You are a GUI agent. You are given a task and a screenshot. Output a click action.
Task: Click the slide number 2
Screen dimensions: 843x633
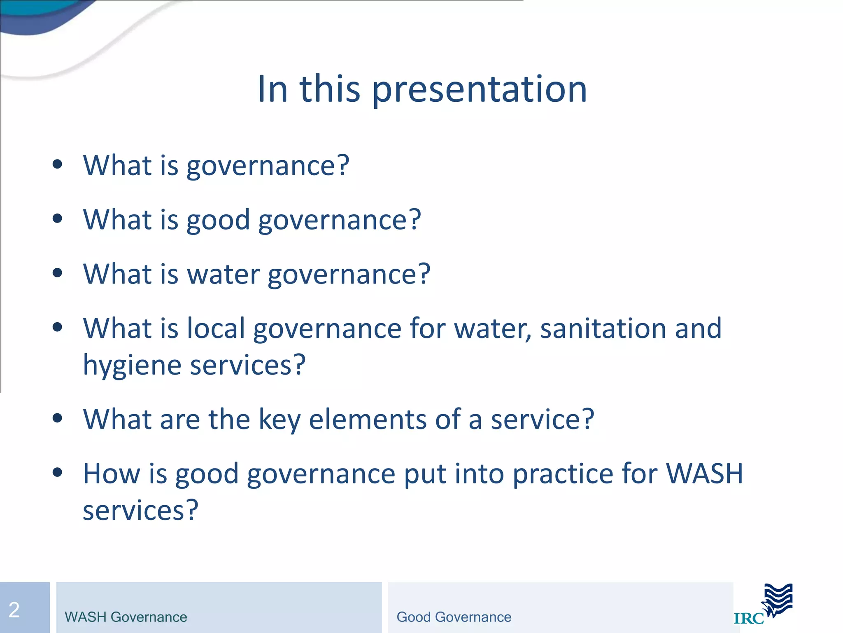point(14,610)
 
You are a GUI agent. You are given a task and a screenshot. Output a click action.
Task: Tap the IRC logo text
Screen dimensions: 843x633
point(749,619)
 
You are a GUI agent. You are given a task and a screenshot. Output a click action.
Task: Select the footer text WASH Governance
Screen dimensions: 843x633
point(126,617)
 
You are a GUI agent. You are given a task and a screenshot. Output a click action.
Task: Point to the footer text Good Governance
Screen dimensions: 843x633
point(454,617)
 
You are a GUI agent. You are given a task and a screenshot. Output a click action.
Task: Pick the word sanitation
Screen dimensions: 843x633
point(603,328)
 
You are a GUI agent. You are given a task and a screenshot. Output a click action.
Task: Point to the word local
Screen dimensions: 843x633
point(216,328)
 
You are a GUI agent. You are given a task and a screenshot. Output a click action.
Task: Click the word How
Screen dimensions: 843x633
point(112,473)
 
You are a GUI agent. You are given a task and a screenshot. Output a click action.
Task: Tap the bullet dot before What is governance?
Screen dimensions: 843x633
point(58,164)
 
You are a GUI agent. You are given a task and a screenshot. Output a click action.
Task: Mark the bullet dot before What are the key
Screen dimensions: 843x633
point(58,418)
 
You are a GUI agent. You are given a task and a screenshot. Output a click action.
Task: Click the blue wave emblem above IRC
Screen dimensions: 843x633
point(778,600)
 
